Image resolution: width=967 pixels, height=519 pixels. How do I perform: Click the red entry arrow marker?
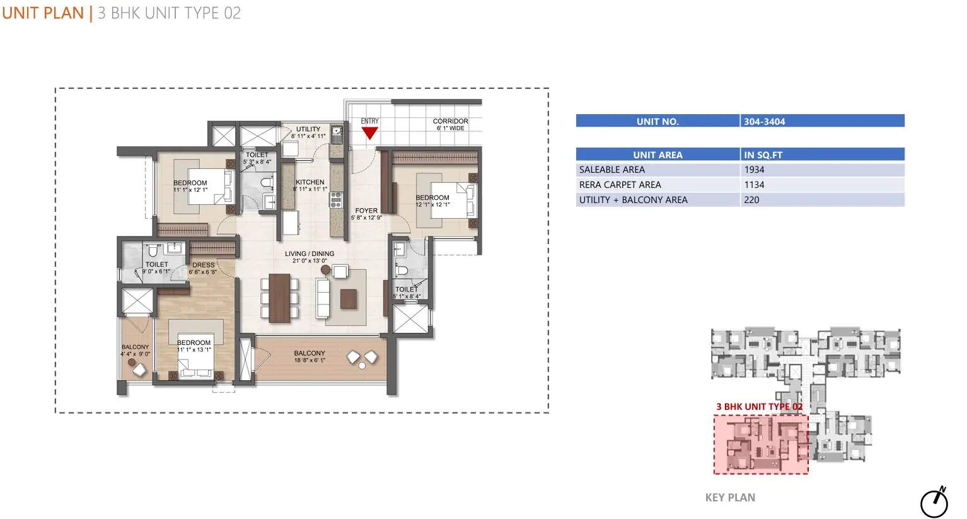click(x=369, y=133)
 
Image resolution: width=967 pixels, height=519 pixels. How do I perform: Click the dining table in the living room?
click(x=279, y=298)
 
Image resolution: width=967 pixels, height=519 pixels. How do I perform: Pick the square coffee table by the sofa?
click(x=349, y=299)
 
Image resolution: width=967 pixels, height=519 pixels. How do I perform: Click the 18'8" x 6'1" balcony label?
click(x=310, y=356)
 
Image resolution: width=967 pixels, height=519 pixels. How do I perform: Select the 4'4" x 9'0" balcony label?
click(x=135, y=350)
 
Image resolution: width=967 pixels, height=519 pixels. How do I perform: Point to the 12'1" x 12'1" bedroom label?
click(x=432, y=201)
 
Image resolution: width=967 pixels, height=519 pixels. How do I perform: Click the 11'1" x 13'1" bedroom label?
click(x=194, y=346)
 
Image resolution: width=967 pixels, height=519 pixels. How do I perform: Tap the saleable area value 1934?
click(x=754, y=170)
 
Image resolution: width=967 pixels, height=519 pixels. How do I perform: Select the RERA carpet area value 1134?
click(x=754, y=185)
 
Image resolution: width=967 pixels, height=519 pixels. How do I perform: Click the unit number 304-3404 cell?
click(x=823, y=121)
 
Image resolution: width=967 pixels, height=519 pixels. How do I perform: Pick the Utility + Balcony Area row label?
click(x=634, y=200)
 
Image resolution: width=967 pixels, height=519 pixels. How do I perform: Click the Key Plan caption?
click(x=730, y=498)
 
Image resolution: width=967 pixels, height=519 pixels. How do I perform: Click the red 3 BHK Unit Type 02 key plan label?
click(x=760, y=407)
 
